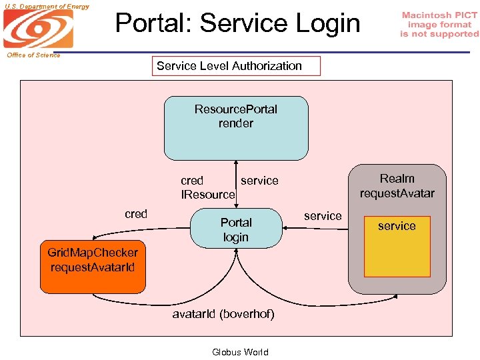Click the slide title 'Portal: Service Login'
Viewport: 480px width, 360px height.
pyautogui.click(x=237, y=23)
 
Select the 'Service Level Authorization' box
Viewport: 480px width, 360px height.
pyautogui.click(x=236, y=66)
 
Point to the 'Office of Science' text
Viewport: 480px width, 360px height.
pyautogui.click(x=33, y=55)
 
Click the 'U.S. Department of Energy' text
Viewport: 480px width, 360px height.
pyautogui.click(x=45, y=6)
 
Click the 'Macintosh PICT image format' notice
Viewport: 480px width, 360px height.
pyautogui.click(x=439, y=25)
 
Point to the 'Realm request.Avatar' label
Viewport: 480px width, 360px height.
pyautogui.click(x=397, y=186)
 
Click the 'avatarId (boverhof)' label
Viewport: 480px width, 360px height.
pyautogui.click(x=223, y=313)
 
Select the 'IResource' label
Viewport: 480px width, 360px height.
pyautogui.click(x=209, y=195)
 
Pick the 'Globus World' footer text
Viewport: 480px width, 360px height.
pyautogui.click(x=240, y=352)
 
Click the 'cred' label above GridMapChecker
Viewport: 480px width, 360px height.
pyautogui.click(x=136, y=214)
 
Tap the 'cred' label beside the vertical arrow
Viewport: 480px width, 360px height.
pyautogui.click(x=192, y=181)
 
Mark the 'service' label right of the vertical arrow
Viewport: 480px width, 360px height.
pyautogui.click(x=259, y=181)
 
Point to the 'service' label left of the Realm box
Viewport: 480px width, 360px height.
pyautogui.click(x=323, y=216)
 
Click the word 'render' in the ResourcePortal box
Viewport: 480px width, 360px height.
pyautogui.click(x=236, y=123)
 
